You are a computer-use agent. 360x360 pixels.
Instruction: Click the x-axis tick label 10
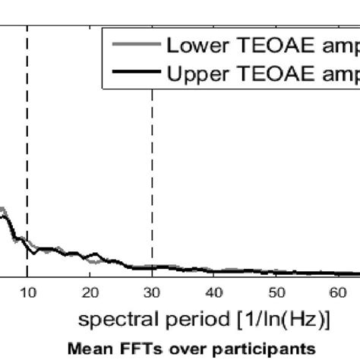pos(27,293)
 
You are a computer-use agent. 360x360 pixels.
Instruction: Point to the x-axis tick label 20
pos(89,293)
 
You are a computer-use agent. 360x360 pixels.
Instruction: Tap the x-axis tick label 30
pos(152,293)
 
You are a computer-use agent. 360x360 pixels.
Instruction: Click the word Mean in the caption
pos(84,350)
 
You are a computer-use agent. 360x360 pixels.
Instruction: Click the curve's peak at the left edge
pos(3,210)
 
